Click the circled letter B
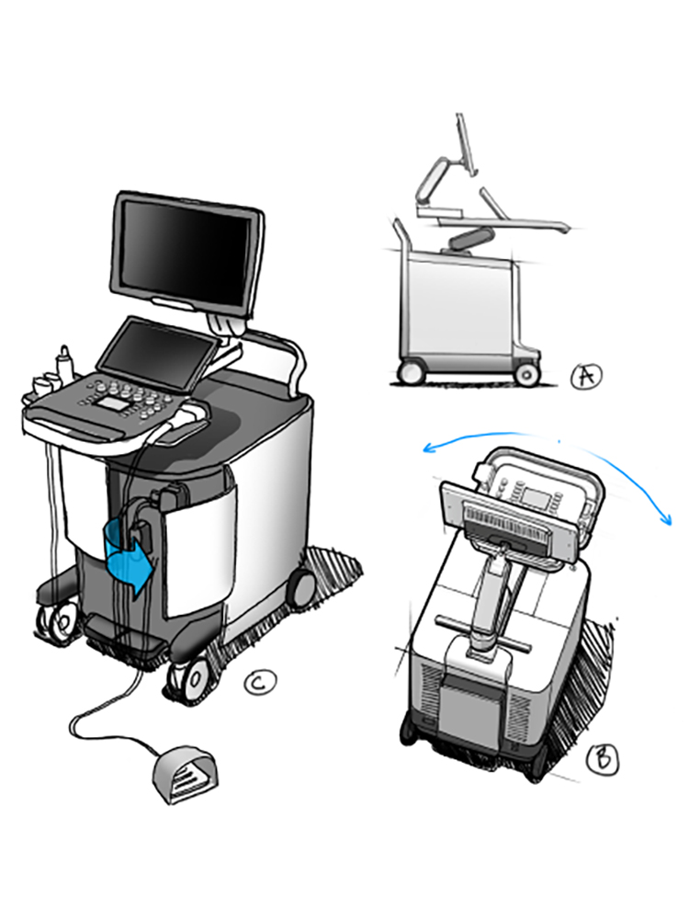604,759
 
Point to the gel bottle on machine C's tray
65,365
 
